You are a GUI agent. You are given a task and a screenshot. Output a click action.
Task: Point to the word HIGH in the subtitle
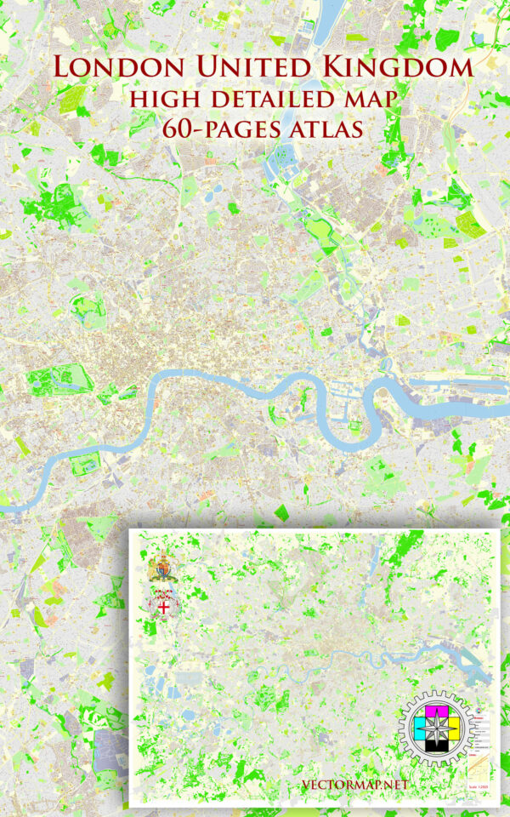coord(161,100)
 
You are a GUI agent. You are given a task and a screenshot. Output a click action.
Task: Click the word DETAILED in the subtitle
coord(269,100)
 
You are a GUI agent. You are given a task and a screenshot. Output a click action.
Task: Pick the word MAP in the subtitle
coord(368,100)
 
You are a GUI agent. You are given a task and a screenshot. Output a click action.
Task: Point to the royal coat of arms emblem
coord(160,568)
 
